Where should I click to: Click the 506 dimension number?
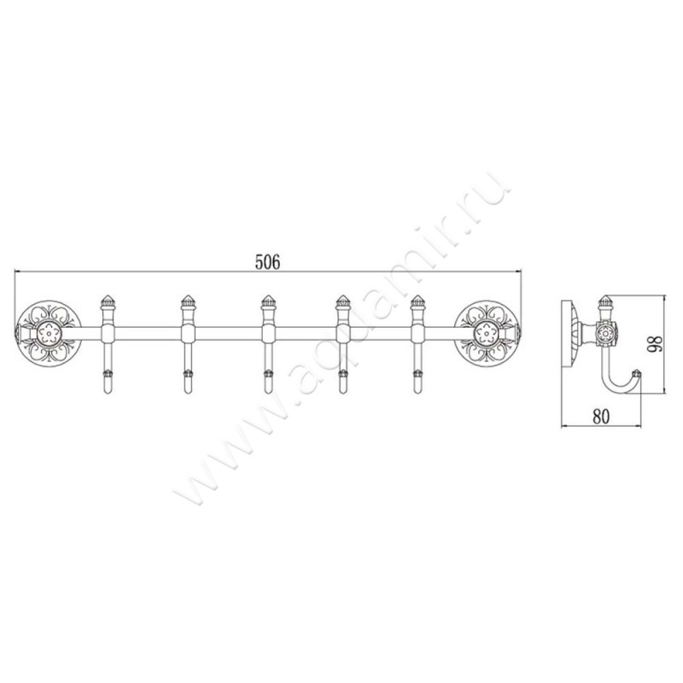268,262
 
